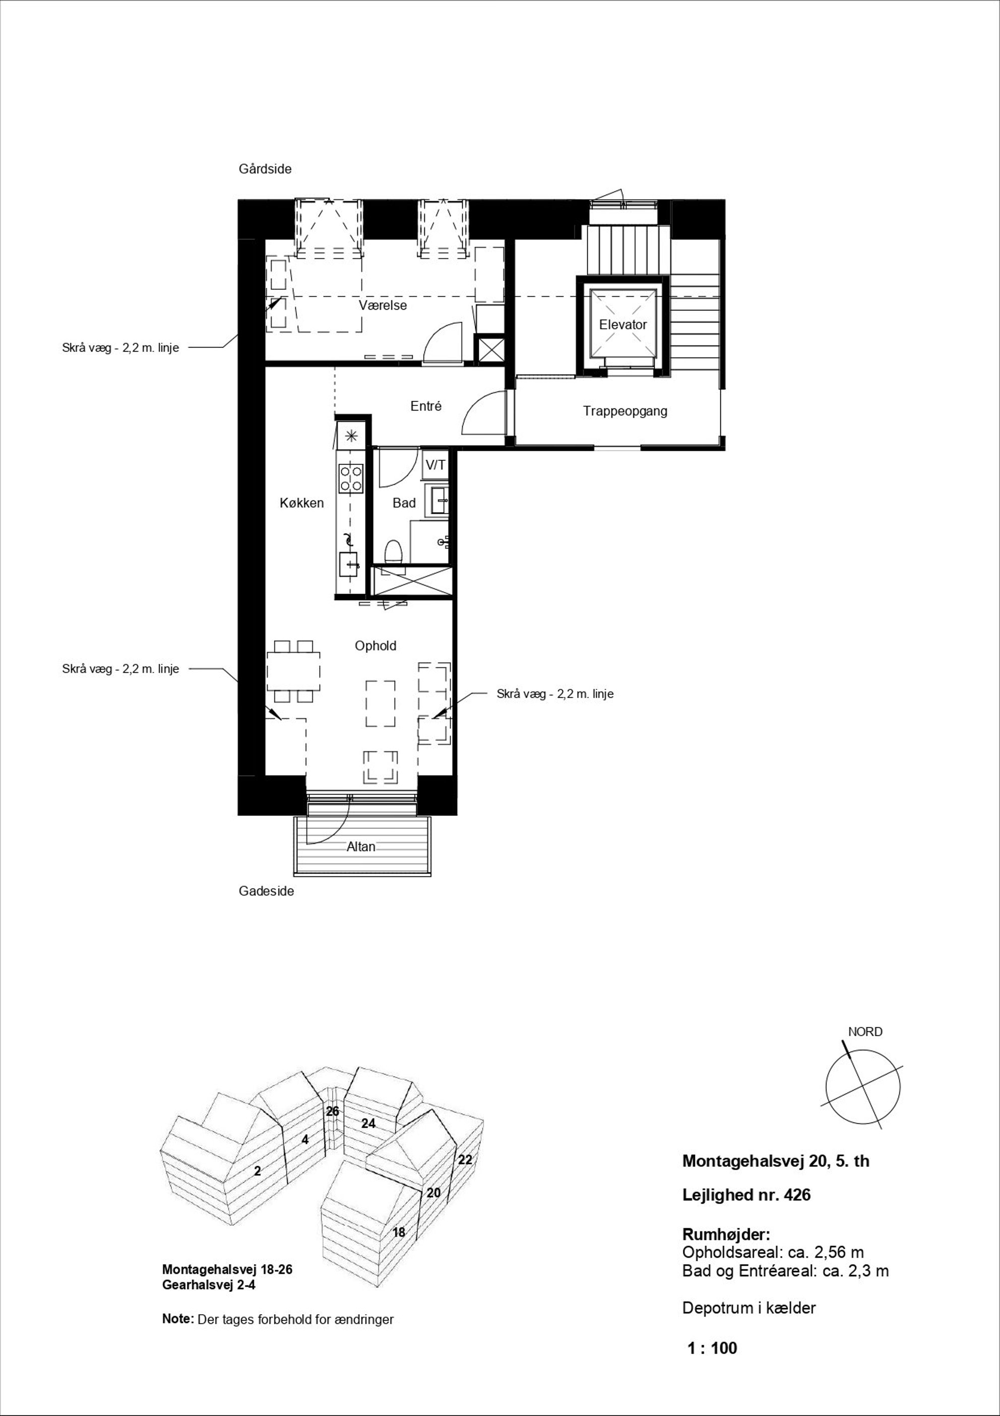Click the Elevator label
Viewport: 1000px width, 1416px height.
(x=622, y=324)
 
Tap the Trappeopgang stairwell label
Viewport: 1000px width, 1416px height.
(x=625, y=411)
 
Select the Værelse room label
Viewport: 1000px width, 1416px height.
(x=383, y=305)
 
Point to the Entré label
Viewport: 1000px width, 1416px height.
(x=426, y=406)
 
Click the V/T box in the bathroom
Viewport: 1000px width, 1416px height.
(x=435, y=465)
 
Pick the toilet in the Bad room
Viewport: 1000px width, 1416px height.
(x=393, y=552)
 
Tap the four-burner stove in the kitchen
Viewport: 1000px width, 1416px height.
(x=351, y=479)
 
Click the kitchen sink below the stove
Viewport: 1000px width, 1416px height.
(x=348, y=564)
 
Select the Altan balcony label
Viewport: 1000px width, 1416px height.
(x=361, y=847)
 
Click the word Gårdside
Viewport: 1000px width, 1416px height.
(x=265, y=169)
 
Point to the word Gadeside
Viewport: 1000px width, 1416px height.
(x=266, y=891)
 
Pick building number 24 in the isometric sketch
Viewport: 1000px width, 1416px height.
(x=368, y=1124)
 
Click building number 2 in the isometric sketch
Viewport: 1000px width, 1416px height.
(x=258, y=1170)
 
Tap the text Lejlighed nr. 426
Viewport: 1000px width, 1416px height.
(x=746, y=1195)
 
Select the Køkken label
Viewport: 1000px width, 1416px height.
(x=301, y=503)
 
